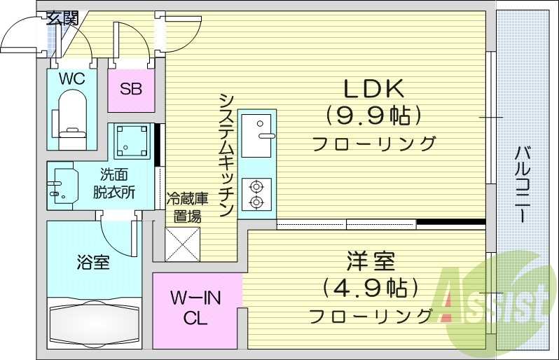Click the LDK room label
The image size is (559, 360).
coord(372,89)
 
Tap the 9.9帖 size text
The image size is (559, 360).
coord(372,114)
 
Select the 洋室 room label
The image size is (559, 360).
coord(370,263)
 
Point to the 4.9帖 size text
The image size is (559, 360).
coord(370,287)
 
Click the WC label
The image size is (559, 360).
coord(71,79)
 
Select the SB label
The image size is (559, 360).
coord(131,89)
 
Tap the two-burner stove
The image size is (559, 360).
coord(256,194)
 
